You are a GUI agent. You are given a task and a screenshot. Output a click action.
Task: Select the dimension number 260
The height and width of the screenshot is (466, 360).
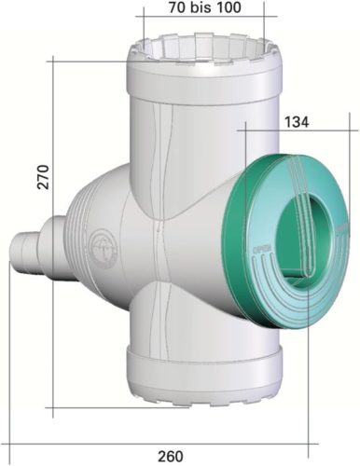tap(169, 456)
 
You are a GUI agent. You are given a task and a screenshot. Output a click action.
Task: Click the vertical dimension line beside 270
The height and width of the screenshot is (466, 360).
tap(54, 233)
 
